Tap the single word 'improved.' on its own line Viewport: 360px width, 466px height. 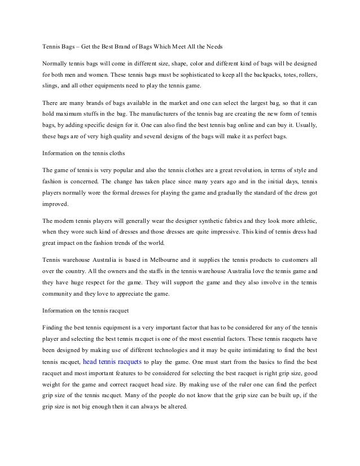[x=55, y=205]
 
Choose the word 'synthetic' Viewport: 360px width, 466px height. [x=195, y=220]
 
